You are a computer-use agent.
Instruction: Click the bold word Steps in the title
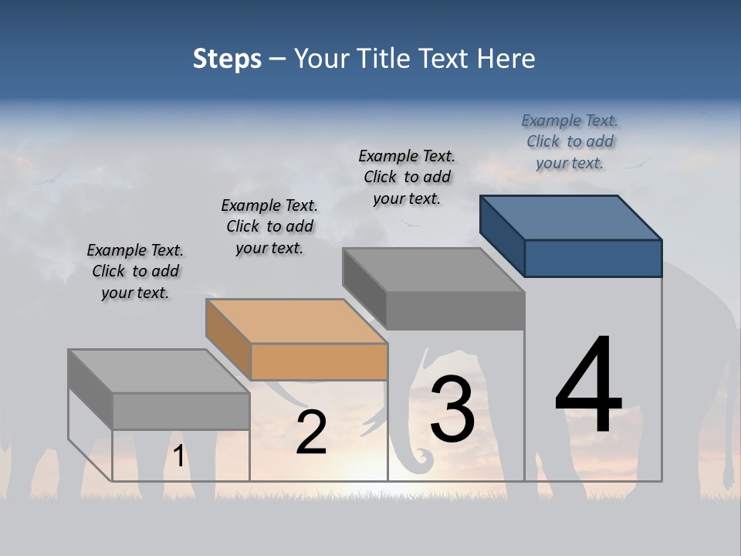pyautogui.click(x=227, y=59)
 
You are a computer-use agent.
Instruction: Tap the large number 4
pyautogui.click(x=588, y=386)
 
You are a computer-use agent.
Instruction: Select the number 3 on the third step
pyautogui.click(x=452, y=409)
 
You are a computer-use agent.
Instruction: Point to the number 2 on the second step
pyautogui.click(x=311, y=433)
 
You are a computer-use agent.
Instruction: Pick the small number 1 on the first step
pyautogui.click(x=179, y=456)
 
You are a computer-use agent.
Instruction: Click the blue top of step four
pyautogui.click(x=571, y=218)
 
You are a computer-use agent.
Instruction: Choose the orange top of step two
pyautogui.click(x=296, y=321)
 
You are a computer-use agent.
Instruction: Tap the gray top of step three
pyautogui.click(x=433, y=270)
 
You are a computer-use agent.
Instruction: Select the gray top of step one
pyautogui.click(x=158, y=371)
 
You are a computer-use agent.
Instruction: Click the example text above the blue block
pyautogui.click(x=570, y=141)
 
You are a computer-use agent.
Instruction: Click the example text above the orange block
pyautogui.click(x=269, y=226)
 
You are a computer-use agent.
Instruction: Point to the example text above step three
pyautogui.click(x=407, y=177)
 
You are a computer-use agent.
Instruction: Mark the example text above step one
pyautogui.click(x=135, y=271)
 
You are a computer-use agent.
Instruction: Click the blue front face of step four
pyautogui.click(x=593, y=258)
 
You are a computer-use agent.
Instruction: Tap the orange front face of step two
pyautogui.click(x=319, y=361)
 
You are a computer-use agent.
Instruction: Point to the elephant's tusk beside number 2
pyautogui.click(x=372, y=423)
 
